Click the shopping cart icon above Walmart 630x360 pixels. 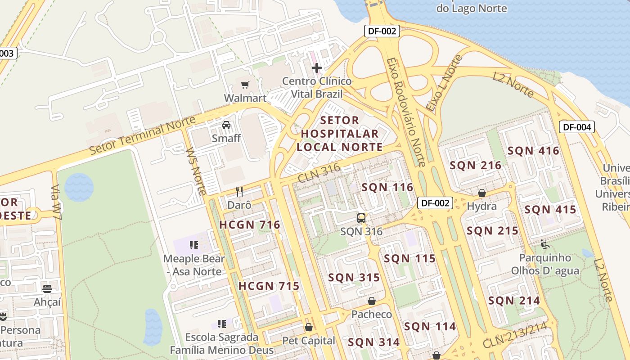(245, 85)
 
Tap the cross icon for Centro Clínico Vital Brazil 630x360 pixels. (317, 68)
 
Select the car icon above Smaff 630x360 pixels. (226, 125)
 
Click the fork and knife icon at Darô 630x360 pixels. (239, 192)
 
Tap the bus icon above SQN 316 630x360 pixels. (361, 218)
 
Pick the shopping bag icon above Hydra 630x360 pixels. (481, 193)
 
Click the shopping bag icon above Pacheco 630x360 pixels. (372, 301)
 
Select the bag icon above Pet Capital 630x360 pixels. (309, 327)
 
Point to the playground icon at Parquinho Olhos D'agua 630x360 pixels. (545, 244)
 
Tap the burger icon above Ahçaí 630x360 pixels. (47, 288)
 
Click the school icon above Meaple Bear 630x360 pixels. (194, 245)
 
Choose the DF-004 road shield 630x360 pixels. (577, 127)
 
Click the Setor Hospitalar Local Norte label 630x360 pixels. (340, 134)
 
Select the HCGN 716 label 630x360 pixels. (249, 225)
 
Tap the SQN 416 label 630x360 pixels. (533, 151)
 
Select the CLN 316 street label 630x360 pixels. (319, 173)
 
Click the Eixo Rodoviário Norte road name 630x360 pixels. (405, 112)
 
